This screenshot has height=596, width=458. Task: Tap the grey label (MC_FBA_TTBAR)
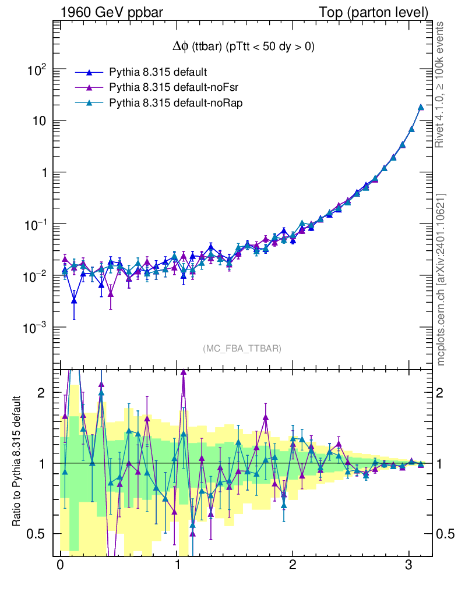coord(242,348)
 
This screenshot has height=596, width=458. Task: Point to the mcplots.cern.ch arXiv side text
coord(442,279)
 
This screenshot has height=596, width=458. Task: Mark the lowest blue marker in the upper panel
coord(74,300)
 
